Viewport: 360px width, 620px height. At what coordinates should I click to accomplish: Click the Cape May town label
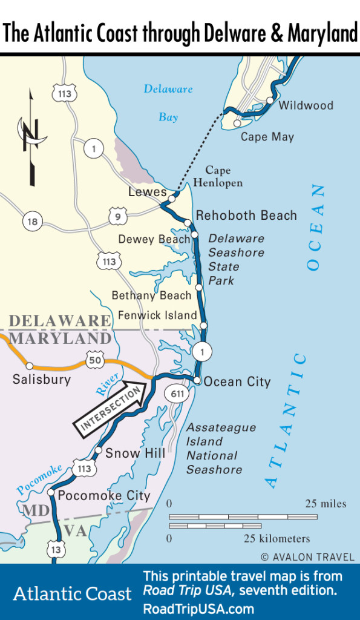(x=267, y=137)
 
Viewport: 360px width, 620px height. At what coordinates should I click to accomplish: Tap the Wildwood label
(x=306, y=105)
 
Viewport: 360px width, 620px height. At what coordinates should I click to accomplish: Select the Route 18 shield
(x=33, y=222)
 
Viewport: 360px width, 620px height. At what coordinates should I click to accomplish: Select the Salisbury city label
(x=41, y=380)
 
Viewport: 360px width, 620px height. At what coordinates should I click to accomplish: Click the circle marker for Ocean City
(x=197, y=380)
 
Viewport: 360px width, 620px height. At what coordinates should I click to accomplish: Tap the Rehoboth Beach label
(x=246, y=216)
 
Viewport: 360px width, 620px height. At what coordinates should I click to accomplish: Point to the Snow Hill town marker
(x=98, y=450)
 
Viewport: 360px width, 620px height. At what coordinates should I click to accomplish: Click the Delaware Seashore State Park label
(x=236, y=259)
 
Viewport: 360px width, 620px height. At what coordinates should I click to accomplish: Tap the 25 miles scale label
(x=326, y=504)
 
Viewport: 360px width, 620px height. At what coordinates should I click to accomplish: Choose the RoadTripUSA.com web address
(x=198, y=608)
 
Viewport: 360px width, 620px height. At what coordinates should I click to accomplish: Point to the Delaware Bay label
(x=168, y=102)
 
